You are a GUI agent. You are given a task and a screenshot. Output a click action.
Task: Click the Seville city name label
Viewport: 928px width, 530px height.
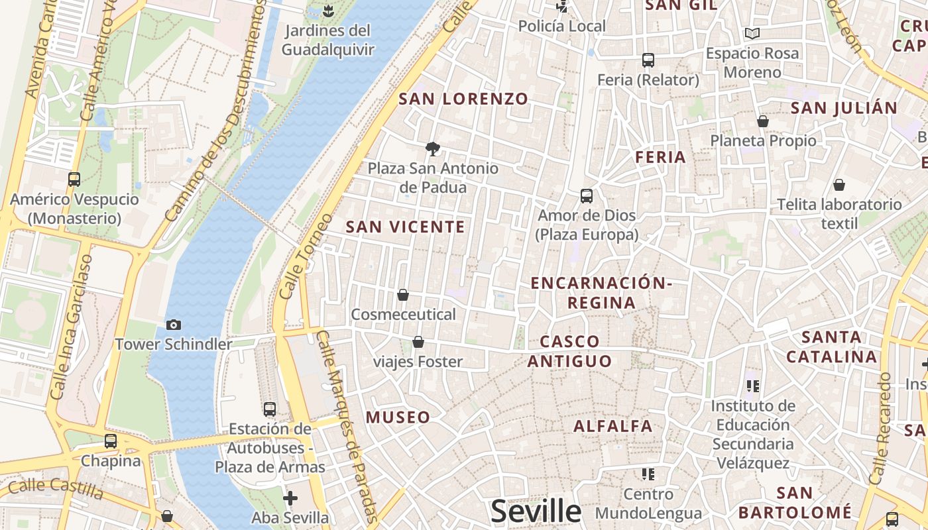(536, 511)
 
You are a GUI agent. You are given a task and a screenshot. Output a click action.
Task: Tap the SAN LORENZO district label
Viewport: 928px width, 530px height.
(463, 99)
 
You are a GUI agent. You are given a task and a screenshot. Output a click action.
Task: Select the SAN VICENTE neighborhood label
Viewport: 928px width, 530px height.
(405, 227)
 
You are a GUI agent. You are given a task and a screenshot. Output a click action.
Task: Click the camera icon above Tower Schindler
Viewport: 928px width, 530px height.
(174, 325)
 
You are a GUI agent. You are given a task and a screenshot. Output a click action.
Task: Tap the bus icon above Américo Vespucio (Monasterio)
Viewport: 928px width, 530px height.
(74, 179)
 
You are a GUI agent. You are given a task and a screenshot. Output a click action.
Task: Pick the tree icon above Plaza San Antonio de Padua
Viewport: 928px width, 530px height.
(433, 148)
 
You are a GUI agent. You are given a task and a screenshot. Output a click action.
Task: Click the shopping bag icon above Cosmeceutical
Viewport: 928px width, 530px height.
(403, 294)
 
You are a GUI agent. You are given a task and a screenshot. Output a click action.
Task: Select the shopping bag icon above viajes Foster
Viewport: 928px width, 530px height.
(418, 342)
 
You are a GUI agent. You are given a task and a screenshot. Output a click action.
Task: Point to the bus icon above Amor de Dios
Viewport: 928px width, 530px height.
(587, 195)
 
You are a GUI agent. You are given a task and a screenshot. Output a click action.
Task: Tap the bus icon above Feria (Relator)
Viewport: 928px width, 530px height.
(648, 60)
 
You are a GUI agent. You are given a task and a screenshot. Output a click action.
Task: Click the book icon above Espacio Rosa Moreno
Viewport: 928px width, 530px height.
(752, 33)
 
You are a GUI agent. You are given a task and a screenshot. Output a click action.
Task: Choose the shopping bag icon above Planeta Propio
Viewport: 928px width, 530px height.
(763, 121)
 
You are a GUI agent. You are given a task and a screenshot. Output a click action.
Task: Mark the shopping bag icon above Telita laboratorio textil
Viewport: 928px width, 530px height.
(839, 184)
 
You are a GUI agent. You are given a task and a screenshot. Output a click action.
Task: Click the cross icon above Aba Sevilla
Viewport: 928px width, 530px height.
(290, 498)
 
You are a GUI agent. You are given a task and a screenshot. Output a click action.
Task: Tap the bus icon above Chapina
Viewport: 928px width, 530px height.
(111, 441)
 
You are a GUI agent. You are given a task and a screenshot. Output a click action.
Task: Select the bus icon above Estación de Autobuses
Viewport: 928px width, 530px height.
(270, 409)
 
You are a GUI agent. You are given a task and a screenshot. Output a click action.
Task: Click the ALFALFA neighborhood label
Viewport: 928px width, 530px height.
(613, 426)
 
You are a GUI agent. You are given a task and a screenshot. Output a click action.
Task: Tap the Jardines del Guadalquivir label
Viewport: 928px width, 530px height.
(328, 40)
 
